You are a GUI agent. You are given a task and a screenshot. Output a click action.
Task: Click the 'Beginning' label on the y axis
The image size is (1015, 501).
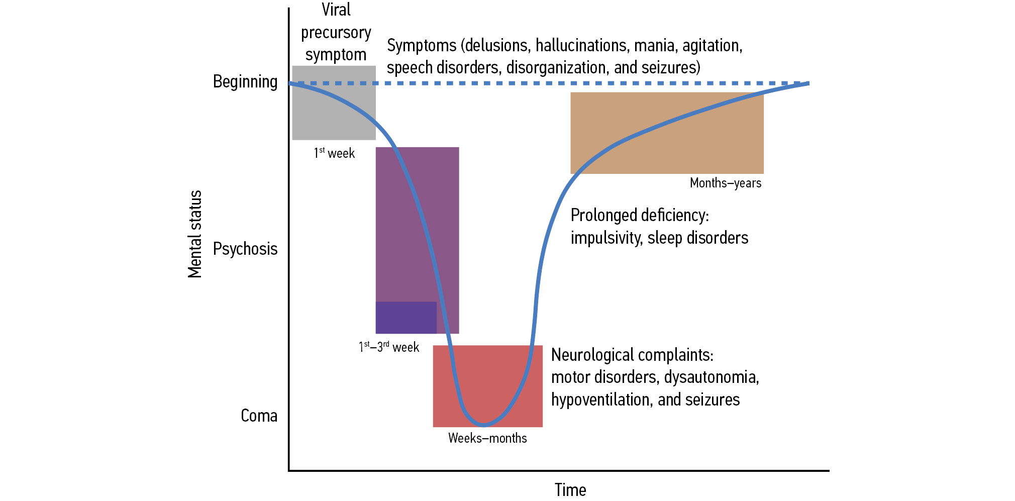coord(245,81)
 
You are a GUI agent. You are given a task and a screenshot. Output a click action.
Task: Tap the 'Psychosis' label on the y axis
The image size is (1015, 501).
coord(245,249)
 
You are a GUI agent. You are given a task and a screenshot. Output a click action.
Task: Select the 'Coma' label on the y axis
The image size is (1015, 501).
coord(259,416)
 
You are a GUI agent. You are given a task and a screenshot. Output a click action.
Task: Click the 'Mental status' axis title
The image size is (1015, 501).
coord(194,234)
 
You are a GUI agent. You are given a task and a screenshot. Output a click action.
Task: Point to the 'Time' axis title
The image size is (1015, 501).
coord(570,489)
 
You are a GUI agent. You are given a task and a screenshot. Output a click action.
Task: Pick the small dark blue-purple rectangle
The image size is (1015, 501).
coord(405,317)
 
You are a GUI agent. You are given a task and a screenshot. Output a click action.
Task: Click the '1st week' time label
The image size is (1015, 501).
coord(334,153)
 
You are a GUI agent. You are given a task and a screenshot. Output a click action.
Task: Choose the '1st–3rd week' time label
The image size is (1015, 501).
coord(388,347)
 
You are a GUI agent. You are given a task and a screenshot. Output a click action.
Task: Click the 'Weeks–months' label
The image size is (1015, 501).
coord(487,438)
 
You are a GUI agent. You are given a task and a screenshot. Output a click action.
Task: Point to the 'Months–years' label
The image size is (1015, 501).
coord(725,183)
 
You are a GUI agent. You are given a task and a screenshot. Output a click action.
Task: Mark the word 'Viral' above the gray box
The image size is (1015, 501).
coord(336,10)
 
